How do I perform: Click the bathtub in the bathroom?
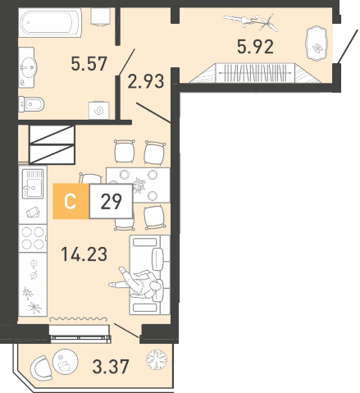click(x=50, y=23)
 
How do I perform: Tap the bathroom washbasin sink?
click(x=28, y=67)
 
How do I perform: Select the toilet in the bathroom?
click(x=31, y=104)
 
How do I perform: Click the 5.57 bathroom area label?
click(x=89, y=63)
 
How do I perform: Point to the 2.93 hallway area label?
click(x=146, y=81)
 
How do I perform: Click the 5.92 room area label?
click(x=255, y=47)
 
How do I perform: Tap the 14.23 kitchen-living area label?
click(x=84, y=254)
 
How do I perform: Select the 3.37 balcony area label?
click(x=111, y=367)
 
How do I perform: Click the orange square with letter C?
click(x=71, y=201)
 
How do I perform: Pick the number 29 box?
click(x=111, y=201)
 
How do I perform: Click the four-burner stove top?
click(x=33, y=238)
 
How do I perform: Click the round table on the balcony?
click(x=66, y=361)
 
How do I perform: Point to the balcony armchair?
click(x=42, y=368)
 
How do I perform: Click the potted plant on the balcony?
click(x=157, y=359)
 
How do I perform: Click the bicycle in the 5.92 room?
click(x=251, y=22)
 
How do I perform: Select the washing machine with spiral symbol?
click(x=99, y=111)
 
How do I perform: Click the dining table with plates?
click(x=138, y=185)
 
